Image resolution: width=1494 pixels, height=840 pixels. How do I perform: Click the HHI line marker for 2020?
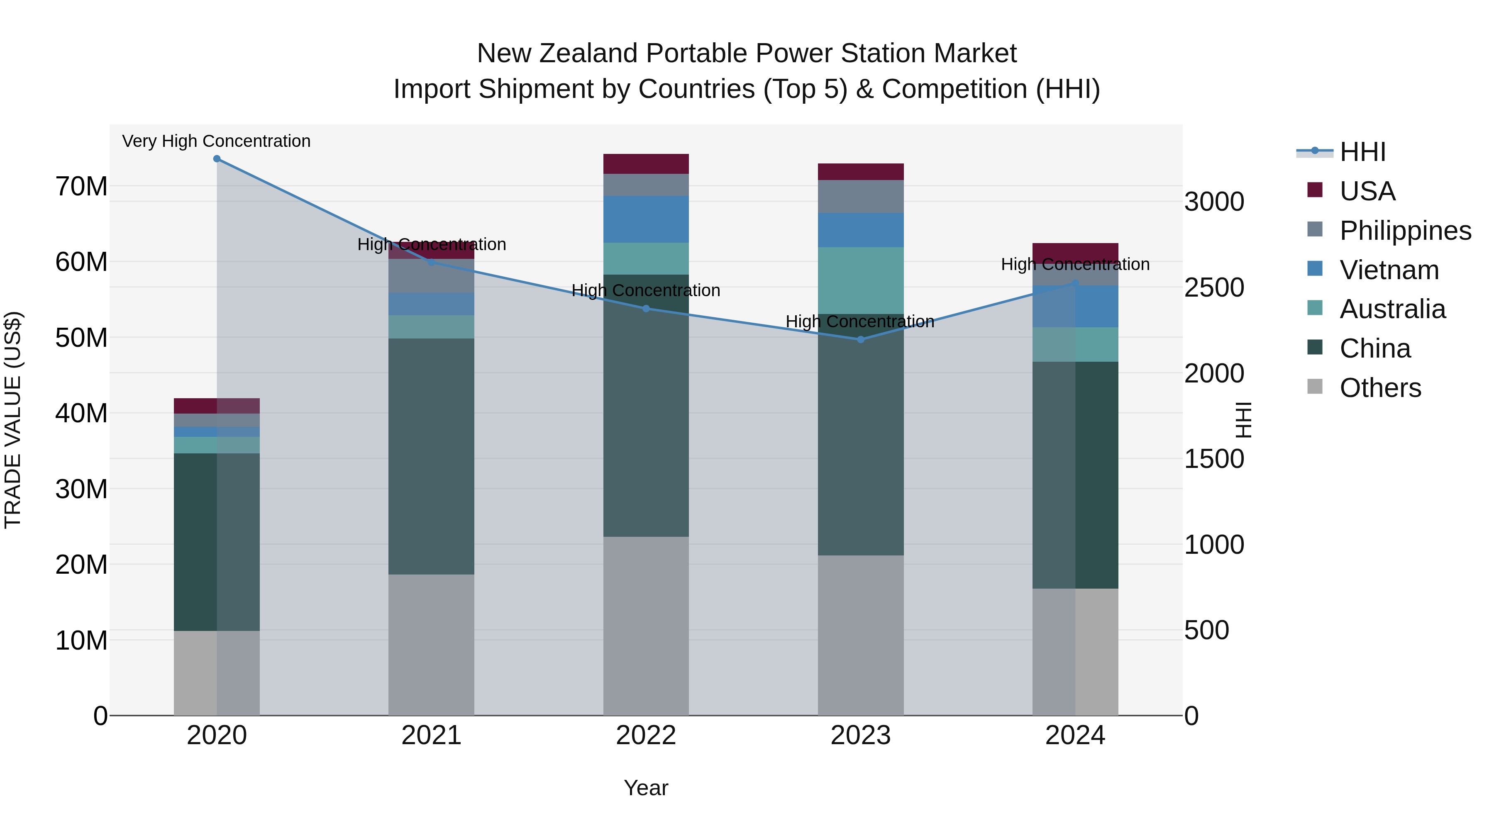[217, 159]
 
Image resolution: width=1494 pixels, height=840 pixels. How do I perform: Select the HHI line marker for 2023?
[861, 340]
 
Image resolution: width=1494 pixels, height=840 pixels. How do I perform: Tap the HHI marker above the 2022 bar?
[646, 308]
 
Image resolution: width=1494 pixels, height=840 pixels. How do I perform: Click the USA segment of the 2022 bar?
[646, 164]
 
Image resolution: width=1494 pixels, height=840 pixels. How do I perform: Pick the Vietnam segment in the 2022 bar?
[646, 219]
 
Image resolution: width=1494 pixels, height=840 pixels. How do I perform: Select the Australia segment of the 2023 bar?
[861, 280]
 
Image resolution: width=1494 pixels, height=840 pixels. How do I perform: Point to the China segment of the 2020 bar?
[195, 542]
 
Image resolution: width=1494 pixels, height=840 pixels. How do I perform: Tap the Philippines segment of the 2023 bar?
[861, 197]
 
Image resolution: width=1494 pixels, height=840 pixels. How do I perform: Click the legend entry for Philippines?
[1405, 231]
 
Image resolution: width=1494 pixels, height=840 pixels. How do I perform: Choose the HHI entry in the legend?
[1362, 152]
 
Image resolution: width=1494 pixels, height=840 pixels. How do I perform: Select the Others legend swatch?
[1315, 387]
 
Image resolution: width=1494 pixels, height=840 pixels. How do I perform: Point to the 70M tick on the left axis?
[81, 187]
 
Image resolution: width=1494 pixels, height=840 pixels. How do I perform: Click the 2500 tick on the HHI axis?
[1214, 287]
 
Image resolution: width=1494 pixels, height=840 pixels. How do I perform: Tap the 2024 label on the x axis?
[1075, 735]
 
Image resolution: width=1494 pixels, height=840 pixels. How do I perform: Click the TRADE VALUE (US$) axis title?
[13, 420]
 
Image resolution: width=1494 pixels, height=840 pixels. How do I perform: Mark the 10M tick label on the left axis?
[81, 640]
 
